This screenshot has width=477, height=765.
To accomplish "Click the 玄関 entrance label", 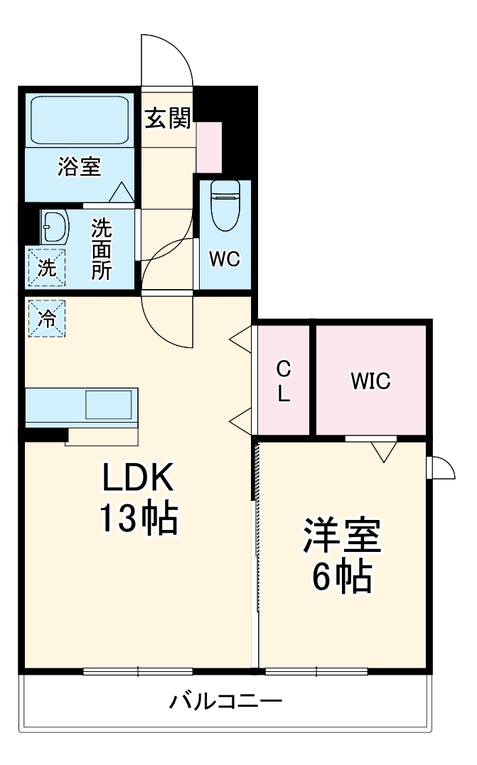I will point(168,119).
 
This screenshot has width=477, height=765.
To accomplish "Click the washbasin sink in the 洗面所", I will point(55,227).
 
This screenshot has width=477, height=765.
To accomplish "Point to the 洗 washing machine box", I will point(46,268).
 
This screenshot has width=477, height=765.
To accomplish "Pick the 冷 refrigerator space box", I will point(46,318).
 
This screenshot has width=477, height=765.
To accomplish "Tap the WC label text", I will point(224,259).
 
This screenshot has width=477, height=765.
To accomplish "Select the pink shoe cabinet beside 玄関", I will point(209,147).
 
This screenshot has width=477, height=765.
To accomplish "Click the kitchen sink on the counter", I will point(108,405).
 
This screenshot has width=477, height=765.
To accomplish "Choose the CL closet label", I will point(283,381).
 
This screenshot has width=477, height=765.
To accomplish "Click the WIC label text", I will point(370,381).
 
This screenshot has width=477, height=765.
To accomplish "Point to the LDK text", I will point(138,480).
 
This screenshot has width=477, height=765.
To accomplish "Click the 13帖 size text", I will point(138,520).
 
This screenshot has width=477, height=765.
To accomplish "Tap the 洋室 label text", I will point(343,536).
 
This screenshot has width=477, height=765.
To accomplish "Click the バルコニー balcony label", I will point(225,702).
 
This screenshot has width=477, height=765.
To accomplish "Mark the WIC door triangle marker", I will point(383,450).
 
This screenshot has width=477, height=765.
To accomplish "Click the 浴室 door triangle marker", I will point(121,192).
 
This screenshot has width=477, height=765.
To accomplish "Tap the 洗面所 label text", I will point(101,249).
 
